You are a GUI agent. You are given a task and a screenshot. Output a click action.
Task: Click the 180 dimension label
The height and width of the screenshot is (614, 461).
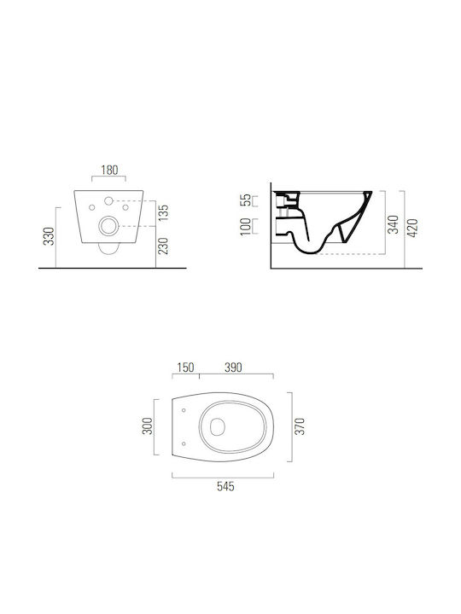(109, 171)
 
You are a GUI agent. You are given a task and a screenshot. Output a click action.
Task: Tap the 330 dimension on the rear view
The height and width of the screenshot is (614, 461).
(49, 236)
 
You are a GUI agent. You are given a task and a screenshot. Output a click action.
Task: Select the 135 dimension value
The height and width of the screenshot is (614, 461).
(163, 212)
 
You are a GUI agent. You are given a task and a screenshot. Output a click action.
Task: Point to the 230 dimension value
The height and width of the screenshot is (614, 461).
(163, 246)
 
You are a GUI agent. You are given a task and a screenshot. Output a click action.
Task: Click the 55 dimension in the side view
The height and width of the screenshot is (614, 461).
(245, 200)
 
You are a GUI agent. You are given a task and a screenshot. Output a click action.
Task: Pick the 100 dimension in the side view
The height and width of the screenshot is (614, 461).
(245, 227)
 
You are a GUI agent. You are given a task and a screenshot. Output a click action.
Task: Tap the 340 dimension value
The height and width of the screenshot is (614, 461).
(394, 224)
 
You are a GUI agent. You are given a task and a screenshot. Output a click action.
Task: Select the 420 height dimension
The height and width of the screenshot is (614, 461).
(413, 228)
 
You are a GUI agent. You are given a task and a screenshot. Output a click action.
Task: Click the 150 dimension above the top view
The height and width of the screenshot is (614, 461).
(185, 368)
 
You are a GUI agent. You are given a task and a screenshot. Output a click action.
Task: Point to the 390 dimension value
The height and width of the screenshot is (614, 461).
(233, 368)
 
